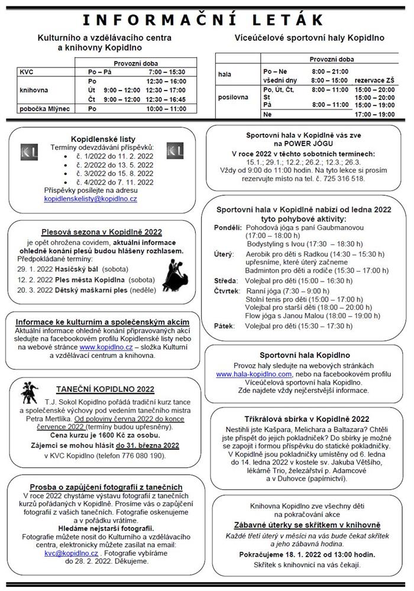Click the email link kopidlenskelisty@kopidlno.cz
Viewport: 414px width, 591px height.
click(90, 199)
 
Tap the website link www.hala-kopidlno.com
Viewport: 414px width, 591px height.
click(254, 374)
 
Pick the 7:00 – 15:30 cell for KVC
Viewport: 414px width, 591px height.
click(166, 72)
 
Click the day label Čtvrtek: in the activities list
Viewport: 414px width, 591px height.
click(228, 290)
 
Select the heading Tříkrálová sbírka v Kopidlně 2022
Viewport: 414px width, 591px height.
click(306, 418)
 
